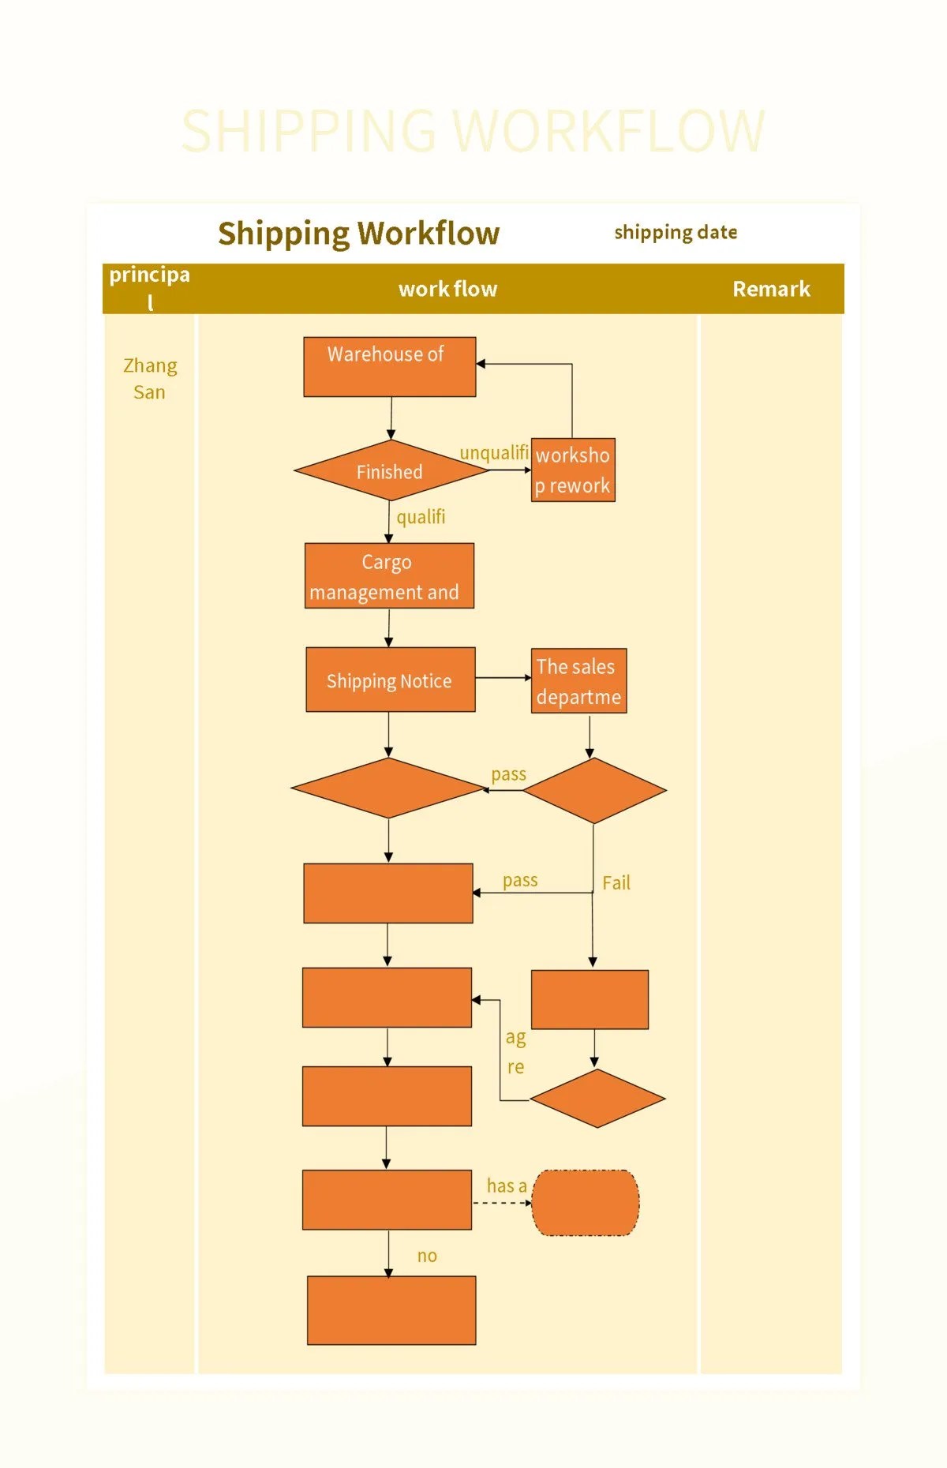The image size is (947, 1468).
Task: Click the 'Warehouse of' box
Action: (389, 366)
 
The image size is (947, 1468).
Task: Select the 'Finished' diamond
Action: (390, 471)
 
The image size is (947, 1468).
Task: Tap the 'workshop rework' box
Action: (573, 470)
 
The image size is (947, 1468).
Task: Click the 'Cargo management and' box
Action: (389, 576)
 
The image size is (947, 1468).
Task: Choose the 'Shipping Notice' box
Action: (391, 680)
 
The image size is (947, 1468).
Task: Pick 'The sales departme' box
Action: (578, 681)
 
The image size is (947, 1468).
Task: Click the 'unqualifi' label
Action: (494, 453)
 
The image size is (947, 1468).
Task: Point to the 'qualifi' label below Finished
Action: (421, 517)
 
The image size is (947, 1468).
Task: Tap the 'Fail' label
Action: (616, 882)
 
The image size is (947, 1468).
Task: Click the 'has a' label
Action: (506, 1185)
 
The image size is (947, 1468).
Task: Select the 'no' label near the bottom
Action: (427, 1256)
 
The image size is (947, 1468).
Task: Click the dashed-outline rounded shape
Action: (585, 1203)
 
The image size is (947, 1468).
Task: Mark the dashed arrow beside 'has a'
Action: (502, 1204)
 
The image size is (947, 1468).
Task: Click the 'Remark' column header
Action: (771, 289)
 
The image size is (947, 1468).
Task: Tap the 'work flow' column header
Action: (447, 289)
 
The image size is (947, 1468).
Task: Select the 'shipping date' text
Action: (676, 232)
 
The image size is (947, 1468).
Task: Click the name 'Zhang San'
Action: (150, 379)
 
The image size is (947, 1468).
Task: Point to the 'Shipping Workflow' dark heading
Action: (359, 234)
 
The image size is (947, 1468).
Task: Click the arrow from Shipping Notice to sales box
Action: (503, 677)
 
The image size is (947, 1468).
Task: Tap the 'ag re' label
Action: (515, 1051)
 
